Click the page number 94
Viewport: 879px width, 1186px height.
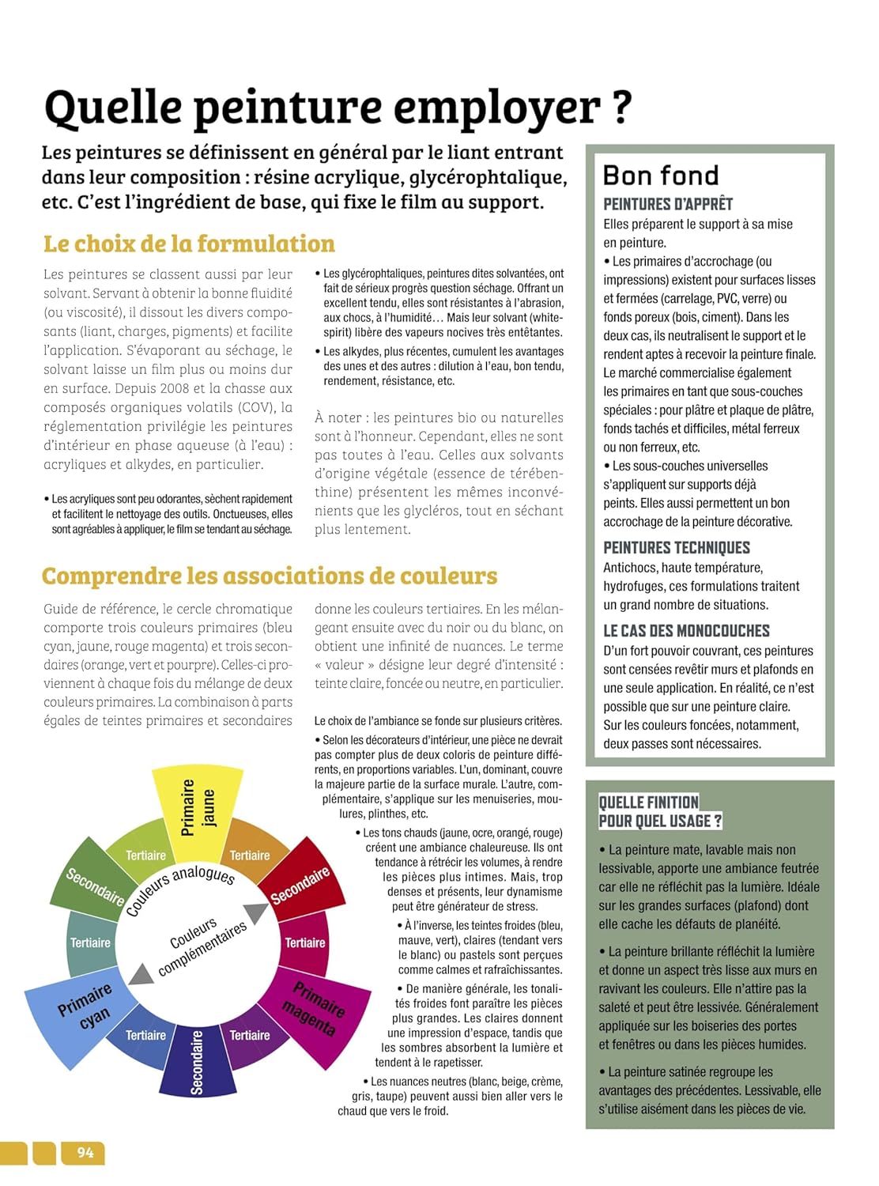click(85, 1153)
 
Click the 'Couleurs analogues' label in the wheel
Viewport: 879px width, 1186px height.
click(180, 889)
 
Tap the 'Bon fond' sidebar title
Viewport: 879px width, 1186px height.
click(661, 175)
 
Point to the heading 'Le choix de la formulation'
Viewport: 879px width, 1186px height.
click(189, 244)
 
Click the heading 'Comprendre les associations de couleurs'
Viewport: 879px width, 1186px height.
click(270, 576)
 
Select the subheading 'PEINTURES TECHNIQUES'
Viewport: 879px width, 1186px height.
click(676, 548)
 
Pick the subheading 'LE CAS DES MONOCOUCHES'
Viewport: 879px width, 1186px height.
click(686, 631)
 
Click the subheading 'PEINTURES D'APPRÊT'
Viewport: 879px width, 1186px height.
click(667, 204)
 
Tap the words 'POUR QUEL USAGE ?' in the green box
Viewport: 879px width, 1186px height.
click(659, 821)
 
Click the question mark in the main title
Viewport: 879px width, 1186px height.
click(622, 108)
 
